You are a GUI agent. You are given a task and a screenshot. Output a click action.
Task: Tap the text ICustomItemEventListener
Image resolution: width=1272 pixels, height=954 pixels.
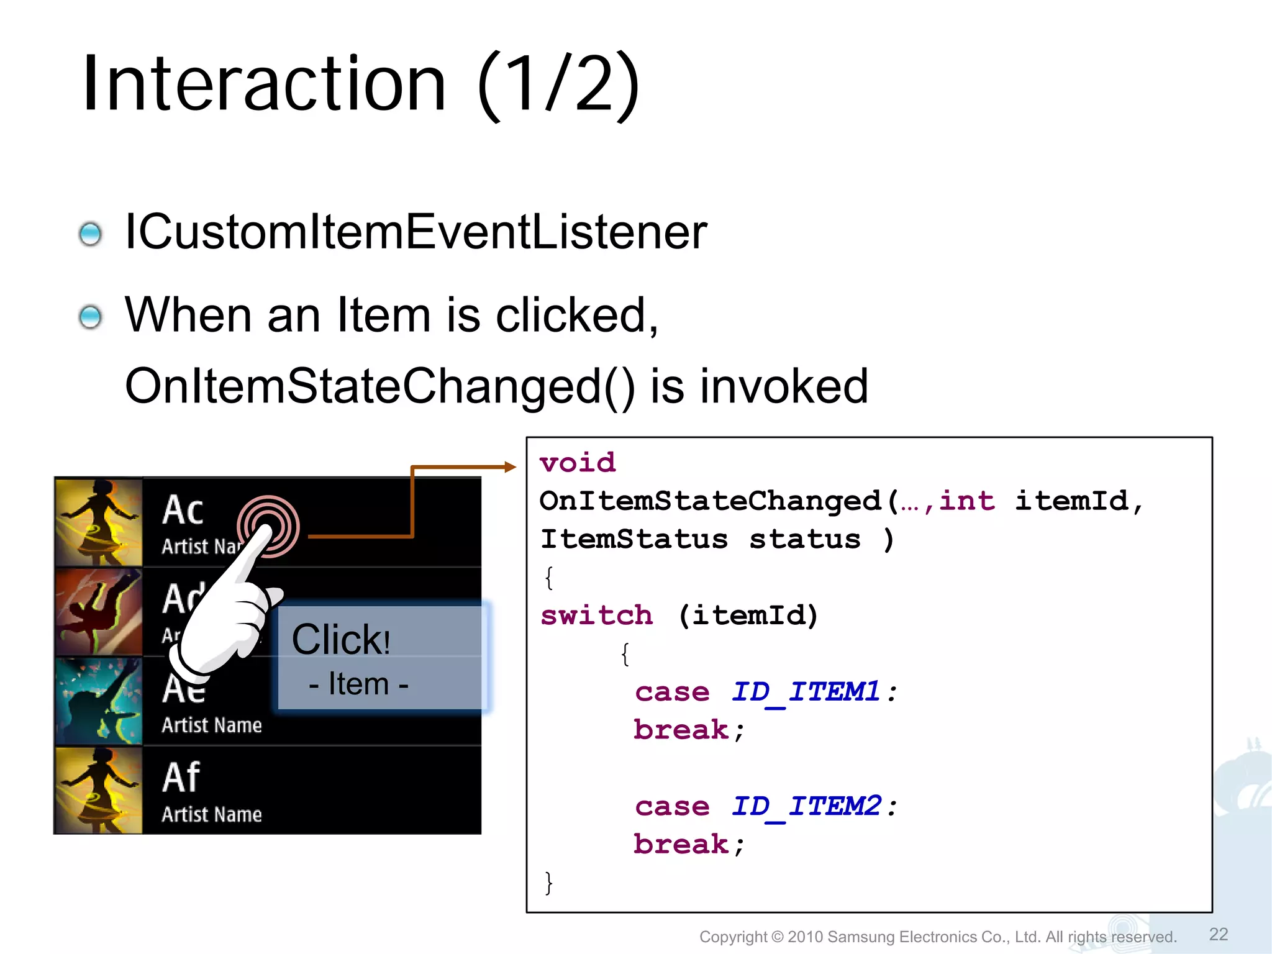click(x=416, y=232)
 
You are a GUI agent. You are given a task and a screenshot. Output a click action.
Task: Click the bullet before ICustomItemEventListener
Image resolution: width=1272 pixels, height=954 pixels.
click(x=91, y=234)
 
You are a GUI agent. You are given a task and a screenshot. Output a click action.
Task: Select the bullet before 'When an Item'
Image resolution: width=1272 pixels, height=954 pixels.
click(x=91, y=317)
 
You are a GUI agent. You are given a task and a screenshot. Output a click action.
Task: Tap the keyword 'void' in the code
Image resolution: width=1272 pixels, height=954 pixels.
click(x=578, y=463)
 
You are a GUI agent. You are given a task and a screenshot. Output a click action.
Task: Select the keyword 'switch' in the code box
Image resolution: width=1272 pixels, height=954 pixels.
click(x=596, y=616)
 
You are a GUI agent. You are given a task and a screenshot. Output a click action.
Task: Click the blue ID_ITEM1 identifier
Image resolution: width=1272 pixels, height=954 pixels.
click(x=806, y=692)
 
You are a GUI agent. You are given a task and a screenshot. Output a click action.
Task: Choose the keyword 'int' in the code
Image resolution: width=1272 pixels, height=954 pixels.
click(x=966, y=501)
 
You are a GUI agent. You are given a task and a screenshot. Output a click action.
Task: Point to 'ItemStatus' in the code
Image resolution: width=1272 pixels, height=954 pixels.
click(x=634, y=539)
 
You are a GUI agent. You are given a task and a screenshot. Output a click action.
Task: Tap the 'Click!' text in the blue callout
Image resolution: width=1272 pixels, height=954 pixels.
click(x=341, y=640)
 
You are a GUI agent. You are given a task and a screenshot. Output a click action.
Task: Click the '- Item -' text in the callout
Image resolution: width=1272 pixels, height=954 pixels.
click(x=358, y=684)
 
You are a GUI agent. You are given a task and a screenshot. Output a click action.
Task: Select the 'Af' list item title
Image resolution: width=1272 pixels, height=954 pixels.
click(x=181, y=778)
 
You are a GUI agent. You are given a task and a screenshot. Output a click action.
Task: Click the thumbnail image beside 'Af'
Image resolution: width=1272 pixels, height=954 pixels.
click(x=99, y=791)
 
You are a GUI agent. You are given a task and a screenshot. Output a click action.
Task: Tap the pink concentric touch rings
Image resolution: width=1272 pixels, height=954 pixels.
click(x=268, y=525)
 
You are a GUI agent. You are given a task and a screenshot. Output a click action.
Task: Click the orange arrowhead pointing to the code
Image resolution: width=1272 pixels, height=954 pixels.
click(x=510, y=467)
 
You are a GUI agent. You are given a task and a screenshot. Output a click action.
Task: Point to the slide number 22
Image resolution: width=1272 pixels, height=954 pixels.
click(x=1218, y=934)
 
